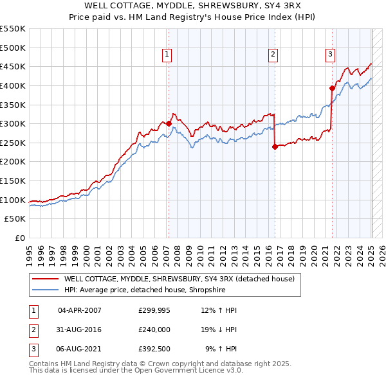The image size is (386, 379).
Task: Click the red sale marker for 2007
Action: click(x=169, y=123)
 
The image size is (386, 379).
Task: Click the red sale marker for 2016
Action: click(x=275, y=146)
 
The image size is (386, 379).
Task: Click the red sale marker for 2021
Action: click(x=332, y=88)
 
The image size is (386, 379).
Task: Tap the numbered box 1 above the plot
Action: click(x=167, y=55)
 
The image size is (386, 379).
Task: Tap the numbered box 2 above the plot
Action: click(x=273, y=55)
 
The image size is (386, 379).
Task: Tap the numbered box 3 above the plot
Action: click(x=330, y=55)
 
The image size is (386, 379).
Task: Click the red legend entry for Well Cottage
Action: click(x=179, y=279)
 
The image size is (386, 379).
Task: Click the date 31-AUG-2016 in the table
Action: click(x=80, y=330)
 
